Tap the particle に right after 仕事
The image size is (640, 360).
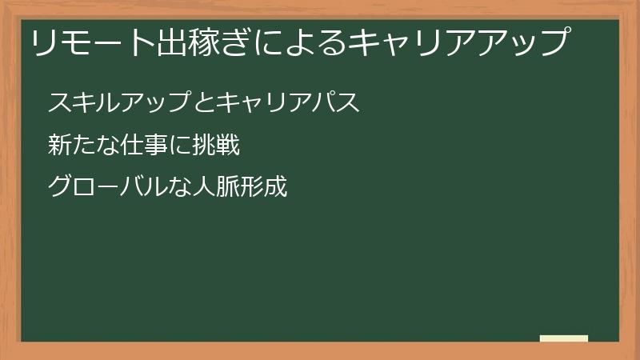tap(172, 146)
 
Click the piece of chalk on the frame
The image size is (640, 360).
tap(564, 338)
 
